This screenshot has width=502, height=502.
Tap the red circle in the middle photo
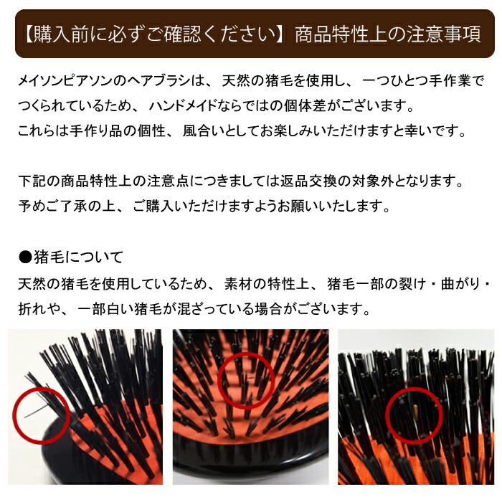tap(246, 381)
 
